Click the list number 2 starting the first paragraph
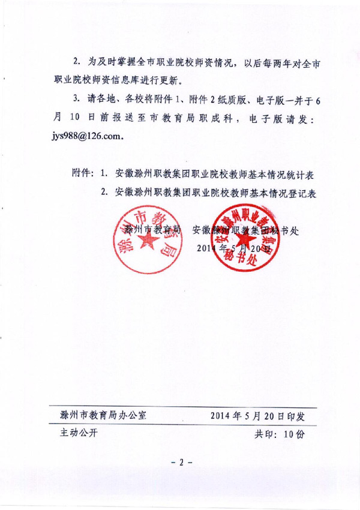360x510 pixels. (x=76, y=62)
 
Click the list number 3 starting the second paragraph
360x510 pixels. (x=76, y=98)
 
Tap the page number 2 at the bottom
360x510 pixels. (x=180, y=463)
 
